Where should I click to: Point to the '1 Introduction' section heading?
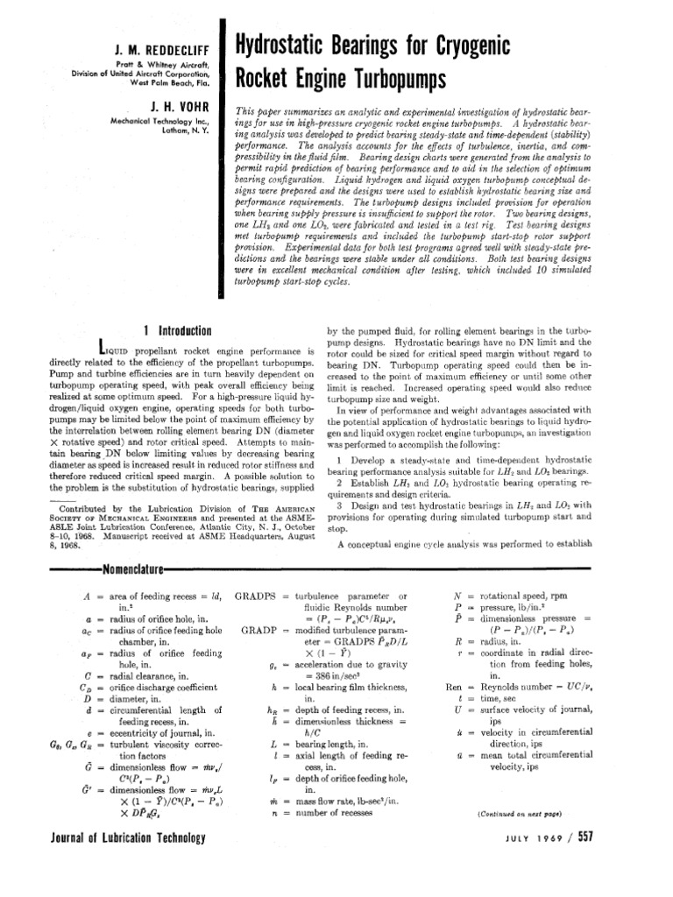(x=177, y=330)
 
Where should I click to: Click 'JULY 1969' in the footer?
(x=573, y=837)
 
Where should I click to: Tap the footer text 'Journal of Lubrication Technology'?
(x=116, y=837)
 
